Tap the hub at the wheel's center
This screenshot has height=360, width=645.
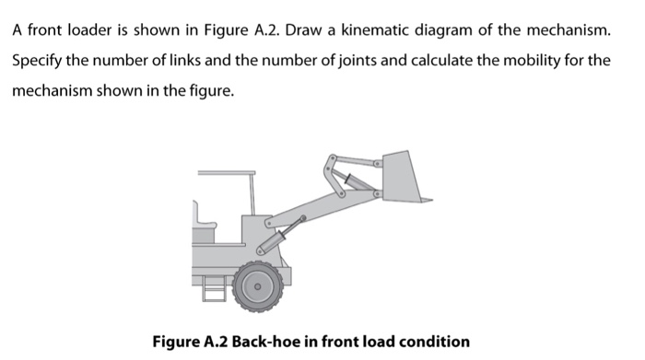coord(257,286)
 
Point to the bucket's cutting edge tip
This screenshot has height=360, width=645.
coord(432,200)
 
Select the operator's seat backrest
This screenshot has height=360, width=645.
coord(195,213)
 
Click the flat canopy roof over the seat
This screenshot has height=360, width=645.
coord(227,172)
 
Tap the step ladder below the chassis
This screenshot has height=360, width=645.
coord(214,287)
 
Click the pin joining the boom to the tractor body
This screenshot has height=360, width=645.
coord(269,224)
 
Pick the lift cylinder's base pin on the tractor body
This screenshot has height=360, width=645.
coord(260,250)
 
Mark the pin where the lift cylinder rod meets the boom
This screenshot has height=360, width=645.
coord(303,218)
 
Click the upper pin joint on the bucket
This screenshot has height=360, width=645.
coord(376,164)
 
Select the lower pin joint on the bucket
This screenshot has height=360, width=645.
coord(376,192)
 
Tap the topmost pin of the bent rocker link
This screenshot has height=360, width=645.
coord(333,157)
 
